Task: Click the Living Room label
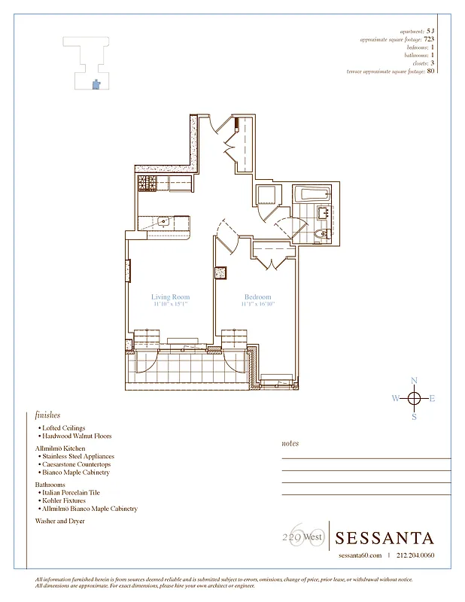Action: (x=170, y=297)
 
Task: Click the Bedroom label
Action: (x=257, y=297)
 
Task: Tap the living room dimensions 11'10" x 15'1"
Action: (x=170, y=305)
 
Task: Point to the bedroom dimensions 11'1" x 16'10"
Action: (x=258, y=305)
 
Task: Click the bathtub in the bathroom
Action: (x=311, y=196)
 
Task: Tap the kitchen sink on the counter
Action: (x=163, y=222)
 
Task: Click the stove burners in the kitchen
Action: (x=146, y=183)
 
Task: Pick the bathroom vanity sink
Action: (x=324, y=213)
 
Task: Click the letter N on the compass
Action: (x=413, y=382)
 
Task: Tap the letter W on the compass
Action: (x=396, y=399)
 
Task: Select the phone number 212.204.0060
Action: (x=414, y=556)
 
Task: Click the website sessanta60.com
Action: (x=360, y=556)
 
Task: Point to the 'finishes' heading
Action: (x=47, y=415)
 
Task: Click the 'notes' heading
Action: (x=290, y=443)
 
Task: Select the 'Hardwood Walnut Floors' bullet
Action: (x=77, y=436)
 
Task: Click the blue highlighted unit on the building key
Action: (x=95, y=86)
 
